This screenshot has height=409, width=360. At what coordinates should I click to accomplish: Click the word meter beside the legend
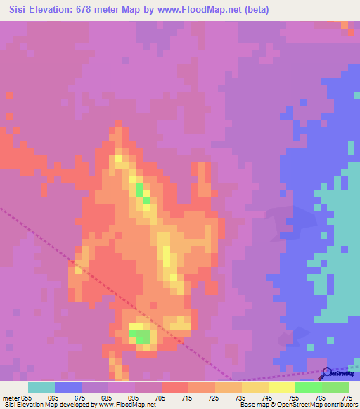pos(10,397)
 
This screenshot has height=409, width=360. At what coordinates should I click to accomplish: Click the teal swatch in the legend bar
pos(41,387)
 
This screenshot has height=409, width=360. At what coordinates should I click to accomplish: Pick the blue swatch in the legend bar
pos(68,387)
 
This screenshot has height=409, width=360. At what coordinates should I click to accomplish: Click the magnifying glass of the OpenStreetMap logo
pos(326,373)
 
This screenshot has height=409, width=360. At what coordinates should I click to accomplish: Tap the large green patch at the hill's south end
pos(141,335)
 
